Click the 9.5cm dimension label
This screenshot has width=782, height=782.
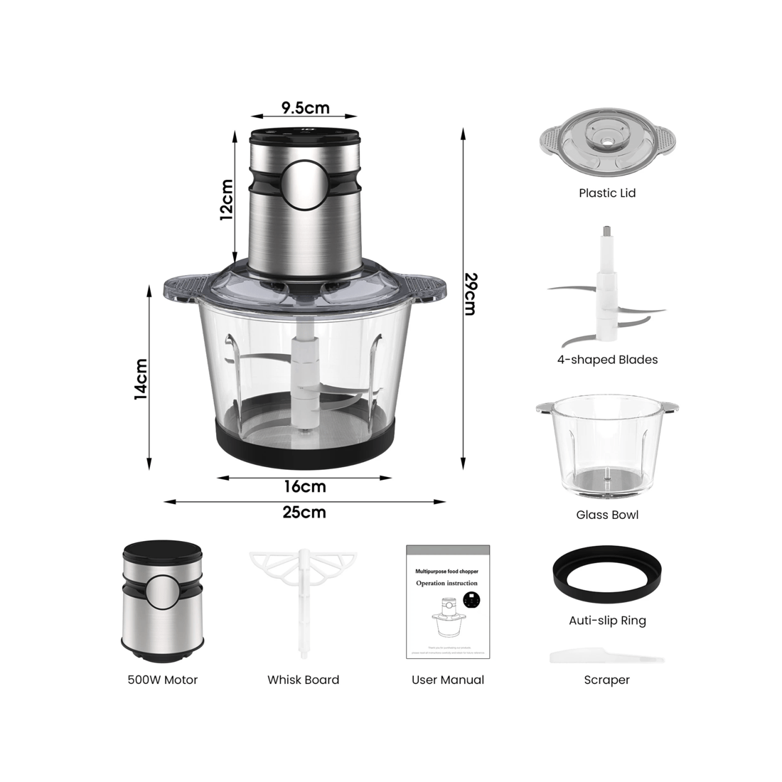click(x=305, y=108)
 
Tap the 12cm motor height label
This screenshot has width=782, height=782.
click(x=226, y=200)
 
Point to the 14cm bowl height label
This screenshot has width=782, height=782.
click(x=141, y=378)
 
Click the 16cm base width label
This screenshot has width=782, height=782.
click(x=304, y=487)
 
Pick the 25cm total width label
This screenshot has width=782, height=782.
click(x=304, y=512)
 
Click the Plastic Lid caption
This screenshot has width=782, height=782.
click(x=606, y=193)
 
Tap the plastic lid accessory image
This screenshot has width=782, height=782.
click(x=606, y=145)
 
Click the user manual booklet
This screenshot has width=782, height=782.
click(x=448, y=602)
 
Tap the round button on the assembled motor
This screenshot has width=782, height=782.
click(x=304, y=183)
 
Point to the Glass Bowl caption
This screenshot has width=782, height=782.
click(x=606, y=515)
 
